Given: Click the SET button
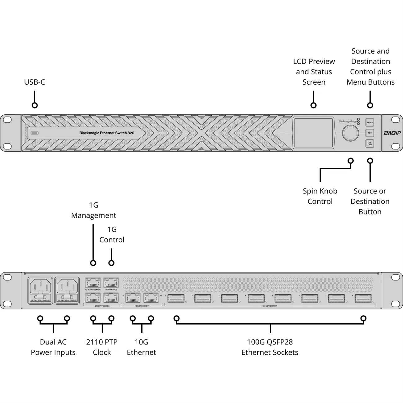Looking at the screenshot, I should pyautogui.click(x=370, y=133).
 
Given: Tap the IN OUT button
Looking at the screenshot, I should pyautogui.click(x=370, y=144).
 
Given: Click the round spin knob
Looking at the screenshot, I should pyautogui.click(x=350, y=133).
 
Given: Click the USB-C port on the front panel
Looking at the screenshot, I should pyautogui.click(x=35, y=133).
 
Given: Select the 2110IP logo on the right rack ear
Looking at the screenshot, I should pyautogui.click(x=392, y=133).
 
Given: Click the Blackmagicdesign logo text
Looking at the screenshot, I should pyautogui.click(x=347, y=122).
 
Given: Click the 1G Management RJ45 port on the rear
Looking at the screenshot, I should pyautogui.click(x=93, y=283).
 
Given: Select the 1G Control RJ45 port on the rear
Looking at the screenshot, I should pyautogui.click(x=111, y=283).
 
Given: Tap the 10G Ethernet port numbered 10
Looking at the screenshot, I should pyautogui.click(x=151, y=298).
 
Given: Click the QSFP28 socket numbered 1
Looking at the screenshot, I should pyautogui.click(x=176, y=299).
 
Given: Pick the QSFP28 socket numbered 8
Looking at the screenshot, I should pyautogui.click(x=363, y=299).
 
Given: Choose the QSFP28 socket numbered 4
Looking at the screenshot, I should pyautogui.click(x=256, y=299).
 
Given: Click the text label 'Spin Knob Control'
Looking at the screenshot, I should pyautogui.click(x=320, y=196).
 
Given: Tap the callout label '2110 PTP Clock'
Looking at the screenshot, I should pyautogui.click(x=102, y=347).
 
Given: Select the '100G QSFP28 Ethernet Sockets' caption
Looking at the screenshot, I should pyautogui.click(x=270, y=347).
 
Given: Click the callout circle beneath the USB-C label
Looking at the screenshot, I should pyautogui.click(x=35, y=105).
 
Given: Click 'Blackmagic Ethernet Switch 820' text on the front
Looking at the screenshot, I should pyautogui.click(x=107, y=133).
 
